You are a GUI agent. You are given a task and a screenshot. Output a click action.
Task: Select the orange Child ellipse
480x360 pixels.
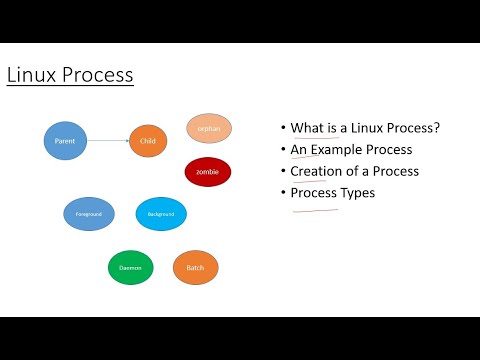pos(148,141)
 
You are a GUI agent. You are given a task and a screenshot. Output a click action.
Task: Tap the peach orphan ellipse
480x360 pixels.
pos(209,128)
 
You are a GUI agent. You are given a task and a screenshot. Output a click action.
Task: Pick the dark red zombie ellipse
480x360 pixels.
pos(207,172)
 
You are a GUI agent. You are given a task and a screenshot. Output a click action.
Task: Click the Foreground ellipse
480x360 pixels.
pos(88,214)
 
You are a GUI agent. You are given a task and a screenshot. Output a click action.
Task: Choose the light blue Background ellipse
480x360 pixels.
pos(161,214)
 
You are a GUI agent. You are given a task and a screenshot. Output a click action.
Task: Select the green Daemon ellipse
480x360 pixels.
pos(131,267)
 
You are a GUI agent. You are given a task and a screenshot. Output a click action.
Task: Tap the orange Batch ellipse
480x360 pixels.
pos(195,267)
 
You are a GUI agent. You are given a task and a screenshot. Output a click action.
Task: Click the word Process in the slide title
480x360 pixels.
pos(98,75)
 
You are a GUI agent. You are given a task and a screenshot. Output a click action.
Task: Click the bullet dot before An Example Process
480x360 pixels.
pos(283,150)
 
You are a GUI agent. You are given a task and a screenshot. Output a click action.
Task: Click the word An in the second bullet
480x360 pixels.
pos(299,150)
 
